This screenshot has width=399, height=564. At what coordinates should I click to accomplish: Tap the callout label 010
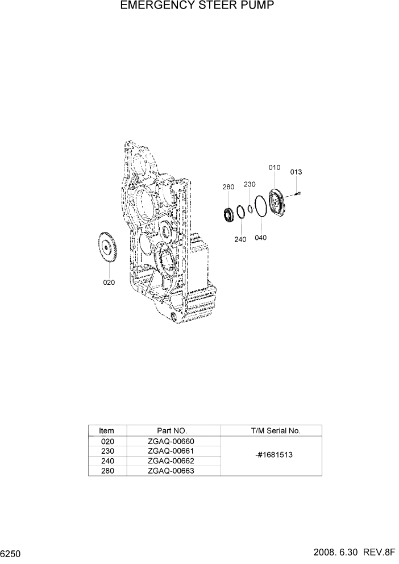pos(275,167)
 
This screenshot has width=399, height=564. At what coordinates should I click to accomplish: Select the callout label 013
pos(296,172)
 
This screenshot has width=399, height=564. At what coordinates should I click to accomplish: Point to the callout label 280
pos(228,186)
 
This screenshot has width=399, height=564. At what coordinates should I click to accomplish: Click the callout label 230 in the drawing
pos(250,184)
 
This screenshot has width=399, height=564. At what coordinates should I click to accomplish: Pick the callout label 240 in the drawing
pos(240,239)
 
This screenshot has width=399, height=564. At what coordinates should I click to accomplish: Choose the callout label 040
pos(260,238)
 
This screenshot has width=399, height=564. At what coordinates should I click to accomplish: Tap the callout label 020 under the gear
pos(109,283)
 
